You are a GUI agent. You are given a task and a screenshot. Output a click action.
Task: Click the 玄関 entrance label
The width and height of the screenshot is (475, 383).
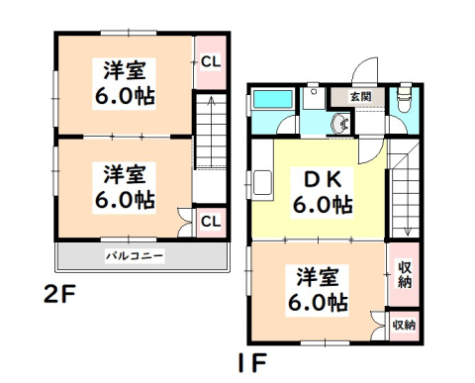[x=361, y=97]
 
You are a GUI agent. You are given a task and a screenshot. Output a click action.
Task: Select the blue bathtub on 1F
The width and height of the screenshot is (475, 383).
[x=273, y=100]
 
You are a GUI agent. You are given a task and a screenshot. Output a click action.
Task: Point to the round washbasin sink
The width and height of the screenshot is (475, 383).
[x=340, y=124]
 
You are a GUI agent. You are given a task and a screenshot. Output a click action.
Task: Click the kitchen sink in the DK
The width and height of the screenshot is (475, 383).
[x=262, y=182]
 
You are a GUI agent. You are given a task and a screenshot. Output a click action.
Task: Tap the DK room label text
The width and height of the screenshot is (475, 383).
[x=323, y=181]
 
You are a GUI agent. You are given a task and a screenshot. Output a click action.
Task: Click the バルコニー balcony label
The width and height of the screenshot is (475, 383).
[x=135, y=256]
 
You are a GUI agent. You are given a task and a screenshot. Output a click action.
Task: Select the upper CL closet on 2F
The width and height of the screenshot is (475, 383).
[x=211, y=61]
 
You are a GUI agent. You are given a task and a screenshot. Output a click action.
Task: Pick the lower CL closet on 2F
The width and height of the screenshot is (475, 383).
[x=211, y=222]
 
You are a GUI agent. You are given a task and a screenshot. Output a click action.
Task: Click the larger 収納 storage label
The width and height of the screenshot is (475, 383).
[x=404, y=274]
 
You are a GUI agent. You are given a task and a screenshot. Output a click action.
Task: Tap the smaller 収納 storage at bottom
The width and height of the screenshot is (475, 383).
[x=404, y=326]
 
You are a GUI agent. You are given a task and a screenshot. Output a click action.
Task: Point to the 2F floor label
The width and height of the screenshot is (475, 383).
[x=59, y=295]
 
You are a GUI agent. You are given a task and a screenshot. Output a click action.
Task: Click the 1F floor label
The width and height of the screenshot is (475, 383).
[x=251, y=362]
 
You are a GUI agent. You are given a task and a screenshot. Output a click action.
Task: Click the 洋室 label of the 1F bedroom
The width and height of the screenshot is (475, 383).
[x=318, y=276]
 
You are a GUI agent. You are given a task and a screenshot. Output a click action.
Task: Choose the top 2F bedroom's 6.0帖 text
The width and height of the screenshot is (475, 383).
[x=125, y=96]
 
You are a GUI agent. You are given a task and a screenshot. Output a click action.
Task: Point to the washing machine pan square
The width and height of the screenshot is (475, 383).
[x=314, y=99]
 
